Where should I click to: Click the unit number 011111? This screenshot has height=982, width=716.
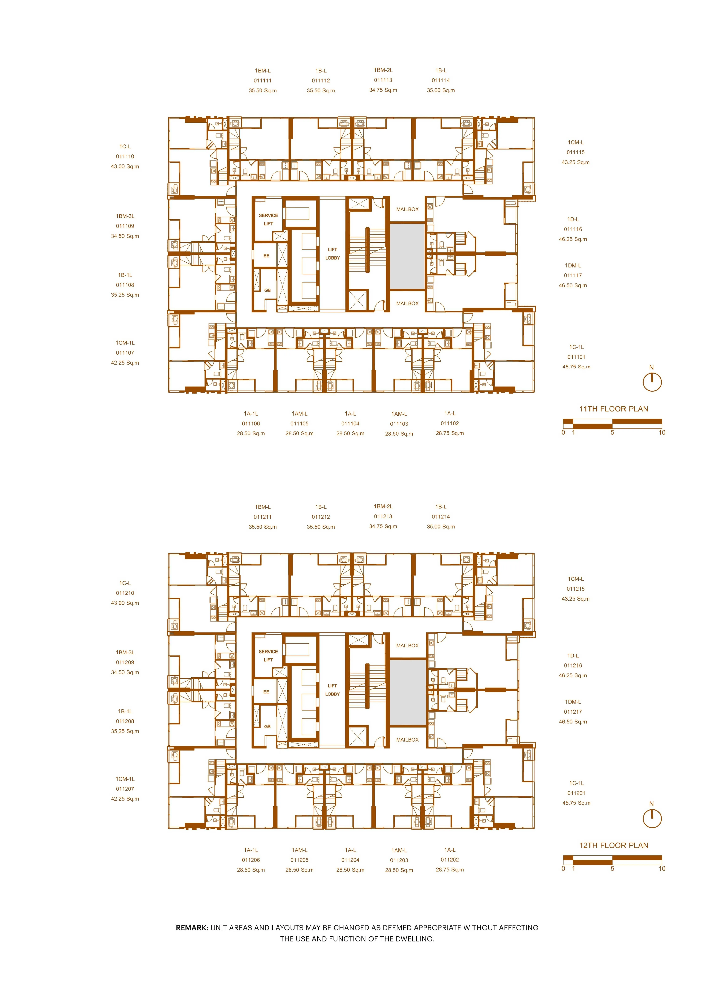point(263,81)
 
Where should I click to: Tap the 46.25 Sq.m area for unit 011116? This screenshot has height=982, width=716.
point(573,239)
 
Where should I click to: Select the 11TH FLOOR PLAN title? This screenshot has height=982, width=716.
point(614,409)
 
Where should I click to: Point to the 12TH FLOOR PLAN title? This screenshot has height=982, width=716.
point(614,845)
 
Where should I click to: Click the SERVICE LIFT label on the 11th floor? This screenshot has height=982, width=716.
point(268,219)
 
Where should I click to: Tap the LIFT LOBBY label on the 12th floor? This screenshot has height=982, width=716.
point(332,690)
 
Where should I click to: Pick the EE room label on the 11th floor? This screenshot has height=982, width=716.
point(267,256)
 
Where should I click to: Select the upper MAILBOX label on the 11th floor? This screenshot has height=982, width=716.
point(407,209)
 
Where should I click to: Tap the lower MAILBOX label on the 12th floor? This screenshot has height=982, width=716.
point(407,740)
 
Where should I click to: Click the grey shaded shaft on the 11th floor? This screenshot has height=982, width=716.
point(407,256)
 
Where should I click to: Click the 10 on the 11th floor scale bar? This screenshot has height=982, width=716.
point(662,432)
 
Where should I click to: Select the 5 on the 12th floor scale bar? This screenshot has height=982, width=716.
point(612,869)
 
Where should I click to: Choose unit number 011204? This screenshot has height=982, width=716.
point(350,860)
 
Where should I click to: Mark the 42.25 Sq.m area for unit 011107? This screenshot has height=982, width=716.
point(125,363)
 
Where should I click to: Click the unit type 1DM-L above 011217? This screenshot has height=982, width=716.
point(573,702)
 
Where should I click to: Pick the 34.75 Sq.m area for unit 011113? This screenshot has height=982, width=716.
point(383,90)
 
